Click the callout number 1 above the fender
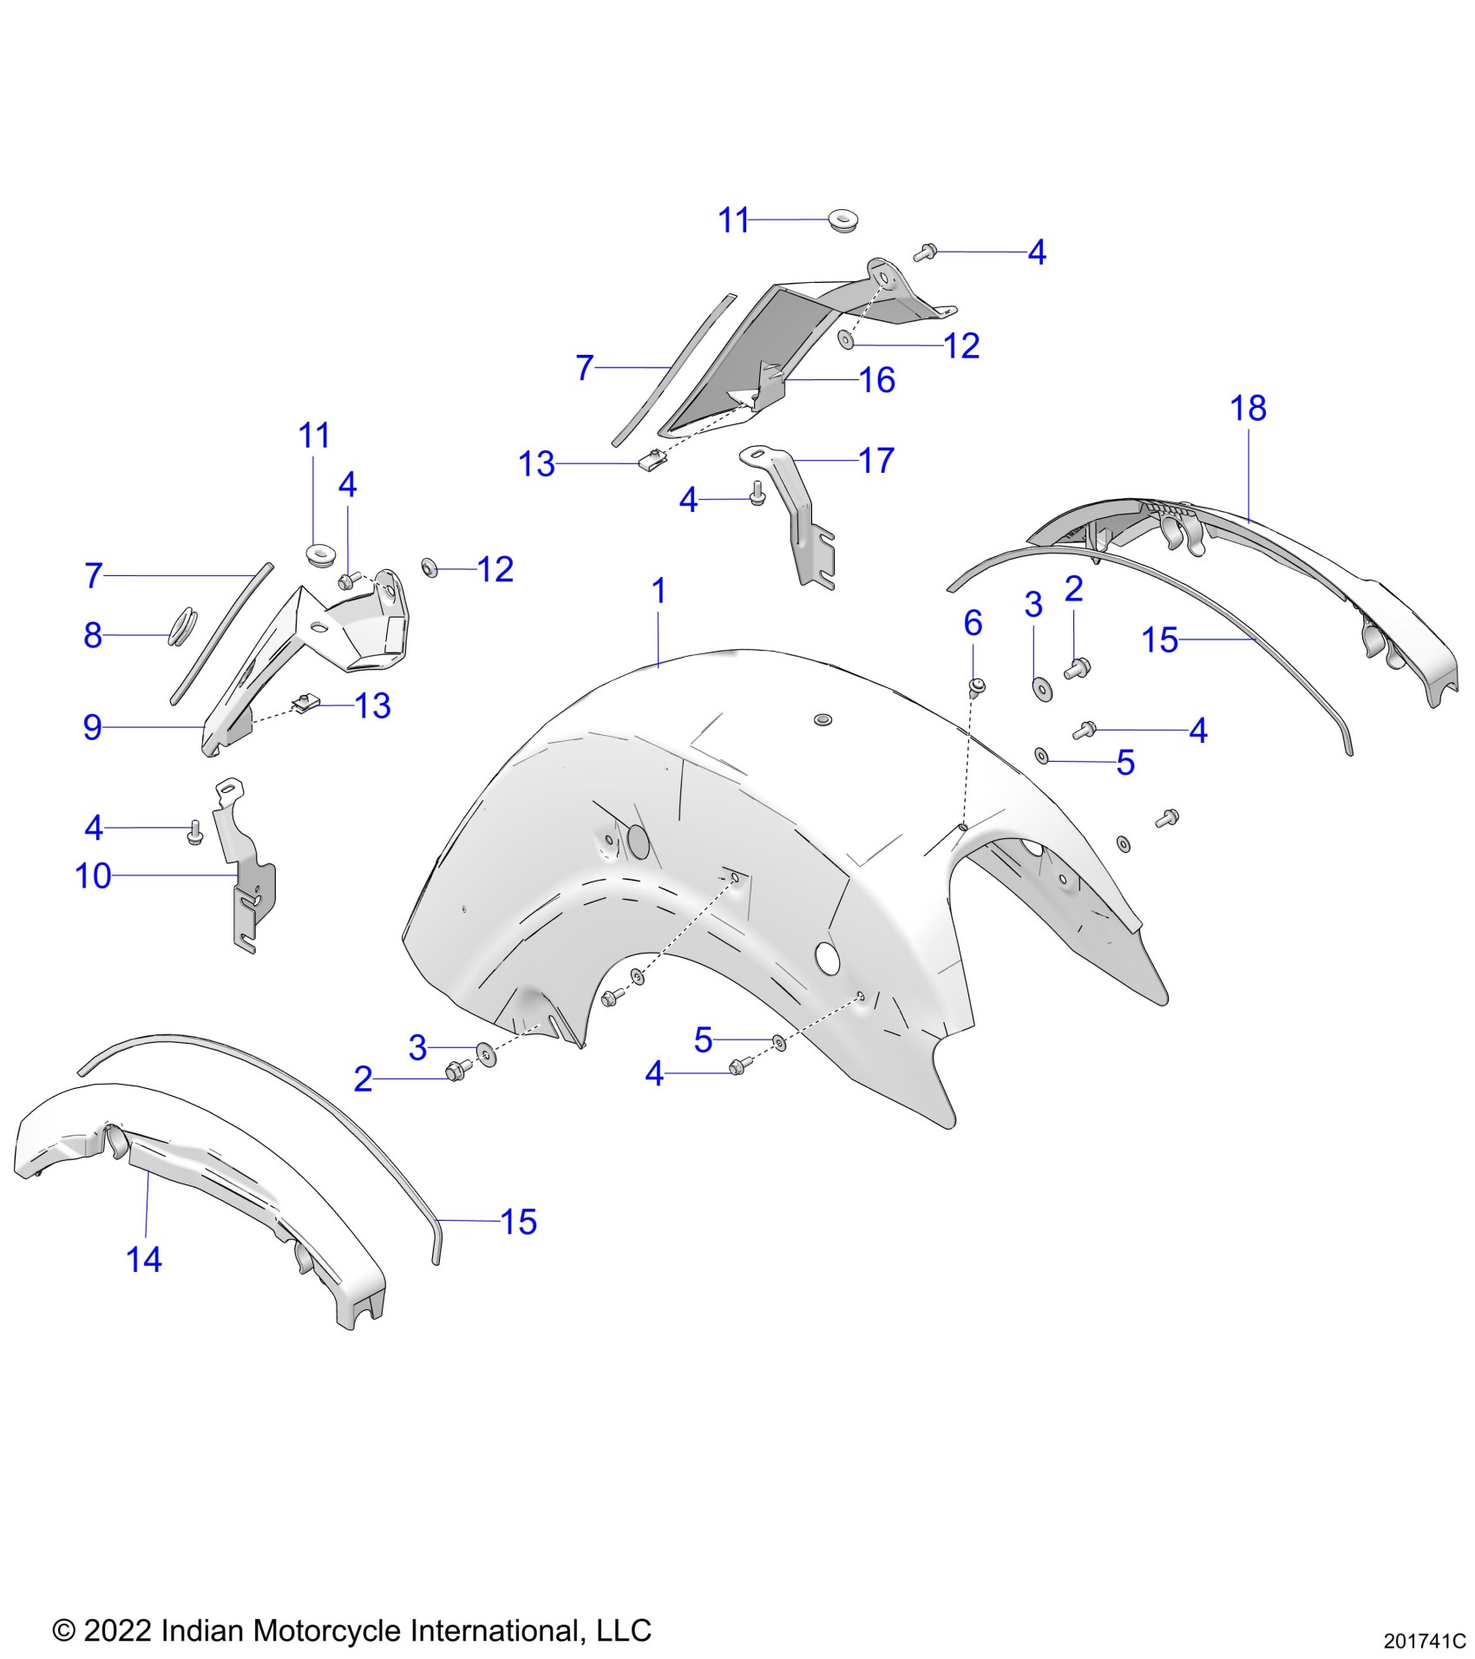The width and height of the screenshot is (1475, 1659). click(x=659, y=592)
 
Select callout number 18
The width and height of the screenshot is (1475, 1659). click(x=1248, y=409)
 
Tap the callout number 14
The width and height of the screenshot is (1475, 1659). click(x=144, y=1259)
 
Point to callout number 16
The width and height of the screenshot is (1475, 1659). click(x=876, y=380)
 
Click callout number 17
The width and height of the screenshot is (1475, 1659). click(x=876, y=461)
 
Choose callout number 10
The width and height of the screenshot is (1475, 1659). click(x=94, y=876)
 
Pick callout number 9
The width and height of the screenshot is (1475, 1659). click(x=93, y=727)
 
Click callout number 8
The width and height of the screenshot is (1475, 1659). click(x=93, y=635)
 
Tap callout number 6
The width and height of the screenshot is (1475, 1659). click(x=973, y=623)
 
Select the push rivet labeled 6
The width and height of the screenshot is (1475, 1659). click(x=975, y=687)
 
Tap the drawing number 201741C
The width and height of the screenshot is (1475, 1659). click(x=1424, y=1641)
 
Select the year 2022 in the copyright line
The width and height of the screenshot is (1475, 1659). click(x=118, y=1629)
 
